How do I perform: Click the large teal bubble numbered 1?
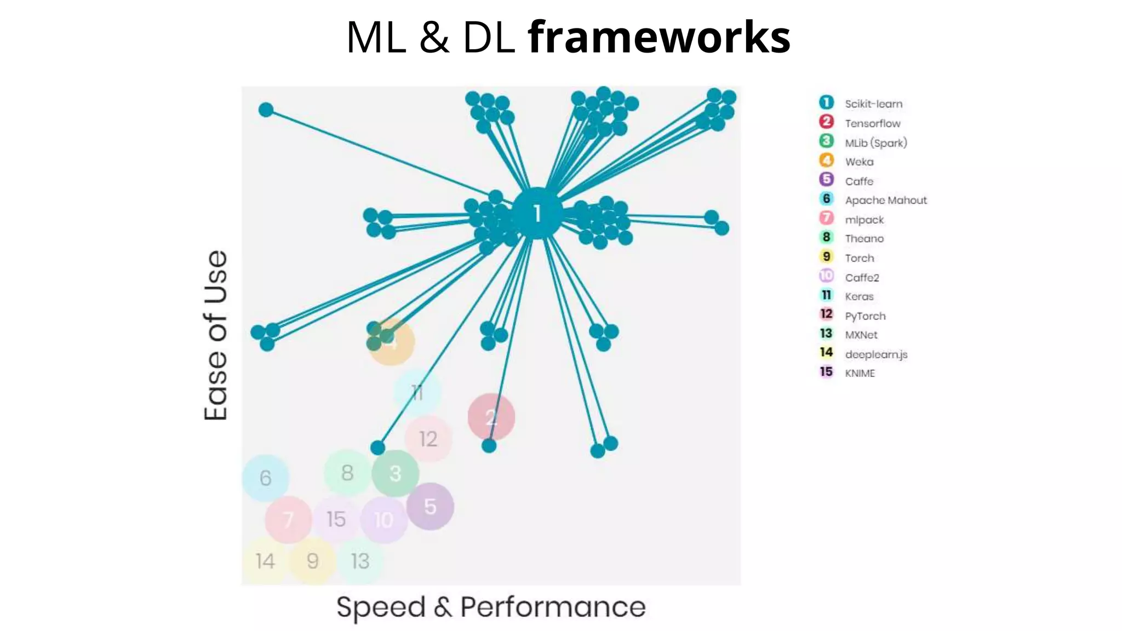(537, 214)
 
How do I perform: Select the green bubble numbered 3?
(395, 473)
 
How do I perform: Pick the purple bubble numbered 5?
(430, 507)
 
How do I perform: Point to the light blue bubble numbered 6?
(265, 478)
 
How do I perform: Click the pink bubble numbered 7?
(288, 519)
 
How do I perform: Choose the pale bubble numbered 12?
(428, 439)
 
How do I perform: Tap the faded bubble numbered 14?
(265, 561)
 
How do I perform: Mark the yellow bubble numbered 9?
(312, 561)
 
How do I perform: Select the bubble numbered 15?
(336, 519)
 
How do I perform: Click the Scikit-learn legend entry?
(873, 104)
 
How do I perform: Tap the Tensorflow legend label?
(872, 123)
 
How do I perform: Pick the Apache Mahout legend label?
(885, 200)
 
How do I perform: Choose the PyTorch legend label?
(865, 316)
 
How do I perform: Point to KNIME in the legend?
(860, 373)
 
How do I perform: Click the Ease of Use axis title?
(216, 335)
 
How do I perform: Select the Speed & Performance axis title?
(491, 607)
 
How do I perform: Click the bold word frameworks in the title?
(659, 37)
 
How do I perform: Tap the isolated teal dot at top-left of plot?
(266, 110)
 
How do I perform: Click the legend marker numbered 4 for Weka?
(826, 160)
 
